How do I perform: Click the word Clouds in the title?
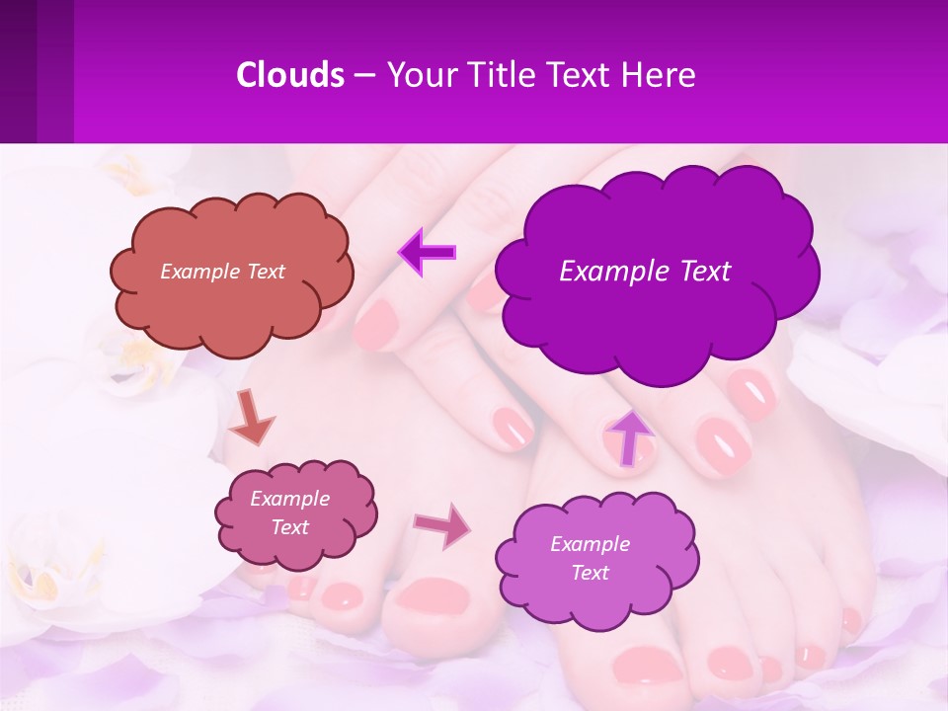[x=290, y=74]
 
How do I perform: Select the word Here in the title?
[x=661, y=74]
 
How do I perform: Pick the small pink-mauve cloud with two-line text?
[x=294, y=513]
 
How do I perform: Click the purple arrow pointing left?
[x=427, y=252]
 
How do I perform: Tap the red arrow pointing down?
[x=252, y=418]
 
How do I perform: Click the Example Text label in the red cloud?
[x=222, y=272]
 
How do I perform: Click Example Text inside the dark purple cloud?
[x=645, y=272]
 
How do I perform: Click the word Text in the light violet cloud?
[x=590, y=573]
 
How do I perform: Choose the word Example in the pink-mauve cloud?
[x=289, y=499]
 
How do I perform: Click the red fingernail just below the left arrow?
[x=376, y=324]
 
